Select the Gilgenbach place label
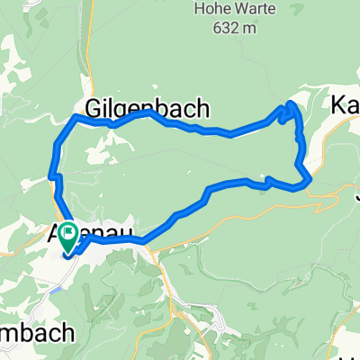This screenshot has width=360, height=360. pyautogui.click(x=148, y=109)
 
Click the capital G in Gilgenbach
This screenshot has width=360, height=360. pyautogui.click(x=94, y=109)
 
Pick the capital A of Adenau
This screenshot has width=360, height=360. pyautogui.click(x=52, y=238)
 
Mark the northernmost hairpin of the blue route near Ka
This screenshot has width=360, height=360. pyautogui.click(x=290, y=106)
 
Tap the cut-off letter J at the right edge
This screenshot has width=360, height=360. pyautogui.click(x=356, y=190)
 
